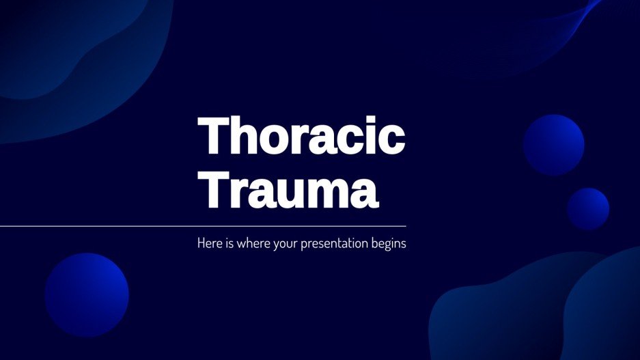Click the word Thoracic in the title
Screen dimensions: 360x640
click(x=301, y=136)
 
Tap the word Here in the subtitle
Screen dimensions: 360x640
click(x=209, y=243)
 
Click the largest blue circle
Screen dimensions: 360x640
click(x=87, y=294)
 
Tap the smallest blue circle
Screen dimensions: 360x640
click(x=587, y=208)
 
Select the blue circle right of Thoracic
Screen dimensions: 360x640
click(x=553, y=145)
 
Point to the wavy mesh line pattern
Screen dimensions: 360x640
click(x=546, y=34)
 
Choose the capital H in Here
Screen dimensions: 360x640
click(x=201, y=243)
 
